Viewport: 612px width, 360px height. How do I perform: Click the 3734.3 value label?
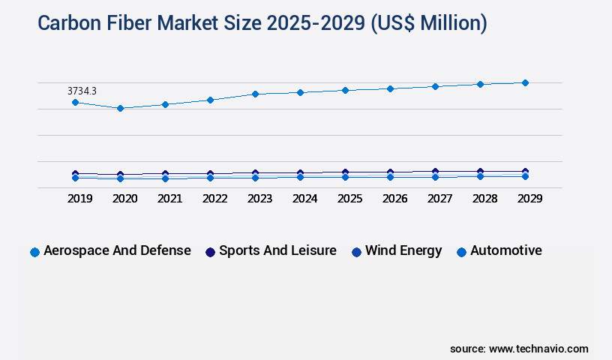pyautogui.click(x=82, y=91)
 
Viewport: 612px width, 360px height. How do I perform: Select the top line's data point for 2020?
pyautogui.click(x=120, y=108)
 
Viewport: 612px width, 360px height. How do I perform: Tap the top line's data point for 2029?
pyautogui.click(x=525, y=82)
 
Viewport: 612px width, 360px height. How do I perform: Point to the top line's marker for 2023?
pyautogui.click(x=255, y=94)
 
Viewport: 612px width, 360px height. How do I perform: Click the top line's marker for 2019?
pyautogui.click(x=75, y=102)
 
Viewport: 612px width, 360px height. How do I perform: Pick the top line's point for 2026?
pyautogui.click(x=390, y=88)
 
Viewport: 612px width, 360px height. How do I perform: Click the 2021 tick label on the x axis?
pyautogui.click(x=169, y=199)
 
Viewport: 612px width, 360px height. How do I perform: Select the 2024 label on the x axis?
pyautogui.click(x=304, y=199)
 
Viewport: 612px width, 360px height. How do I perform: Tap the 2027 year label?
pyautogui.click(x=439, y=199)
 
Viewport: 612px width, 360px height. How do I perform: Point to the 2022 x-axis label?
pyautogui.click(x=214, y=199)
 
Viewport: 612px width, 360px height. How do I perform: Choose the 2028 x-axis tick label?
pyautogui.click(x=484, y=199)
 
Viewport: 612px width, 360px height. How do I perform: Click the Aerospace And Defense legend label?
pyautogui.click(x=117, y=250)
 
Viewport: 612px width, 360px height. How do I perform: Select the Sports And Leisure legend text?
pyautogui.click(x=277, y=250)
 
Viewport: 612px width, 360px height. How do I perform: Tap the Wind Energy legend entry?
pyautogui.click(x=403, y=250)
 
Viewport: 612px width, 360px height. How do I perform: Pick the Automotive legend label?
pyautogui.click(x=505, y=250)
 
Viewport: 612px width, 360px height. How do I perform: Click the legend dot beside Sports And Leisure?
pyautogui.click(x=211, y=252)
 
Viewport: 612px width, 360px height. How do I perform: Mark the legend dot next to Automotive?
pyautogui.click(x=462, y=252)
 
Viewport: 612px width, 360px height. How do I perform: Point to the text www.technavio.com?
pyautogui.click(x=538, y=349)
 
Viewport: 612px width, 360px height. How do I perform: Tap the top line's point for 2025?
pyautogui.click(x=345, y=90)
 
